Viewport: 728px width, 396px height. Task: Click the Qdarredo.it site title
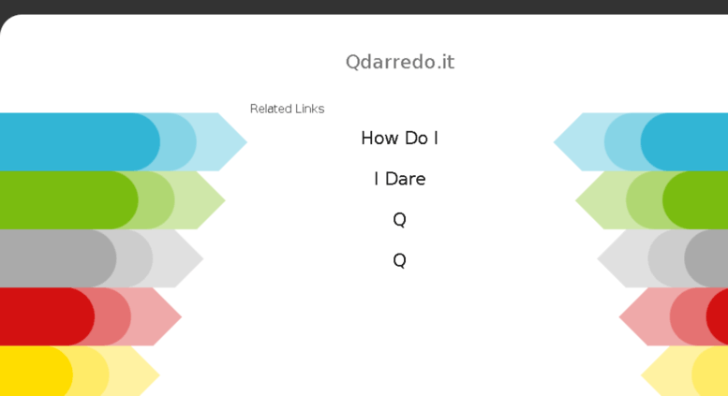400,62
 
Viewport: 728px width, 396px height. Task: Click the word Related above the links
266,109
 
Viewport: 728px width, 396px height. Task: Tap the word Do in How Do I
416,138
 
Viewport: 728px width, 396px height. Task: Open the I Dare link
400,179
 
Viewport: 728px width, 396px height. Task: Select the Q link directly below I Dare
399,219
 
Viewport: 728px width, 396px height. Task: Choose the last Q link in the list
399,260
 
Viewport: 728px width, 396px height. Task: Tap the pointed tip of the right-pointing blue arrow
246,142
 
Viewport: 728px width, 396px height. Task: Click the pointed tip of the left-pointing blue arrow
554,142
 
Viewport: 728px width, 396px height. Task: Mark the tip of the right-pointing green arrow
225,200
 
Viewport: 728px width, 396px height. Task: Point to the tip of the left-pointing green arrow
575,200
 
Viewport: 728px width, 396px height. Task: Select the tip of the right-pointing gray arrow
203,258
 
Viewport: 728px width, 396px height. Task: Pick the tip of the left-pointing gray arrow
598,258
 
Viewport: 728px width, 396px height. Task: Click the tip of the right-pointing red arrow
181,316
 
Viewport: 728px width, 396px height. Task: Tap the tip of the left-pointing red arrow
619,316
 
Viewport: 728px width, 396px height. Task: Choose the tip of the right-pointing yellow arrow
159,374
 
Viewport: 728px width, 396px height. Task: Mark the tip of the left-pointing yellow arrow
641,374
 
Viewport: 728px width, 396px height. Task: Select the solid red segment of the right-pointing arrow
47,316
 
